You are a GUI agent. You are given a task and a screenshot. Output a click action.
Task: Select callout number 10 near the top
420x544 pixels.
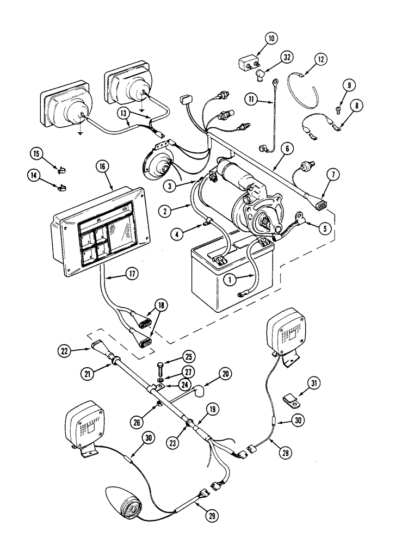coord(271,39)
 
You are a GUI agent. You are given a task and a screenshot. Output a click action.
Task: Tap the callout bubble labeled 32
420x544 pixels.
coord(287,57)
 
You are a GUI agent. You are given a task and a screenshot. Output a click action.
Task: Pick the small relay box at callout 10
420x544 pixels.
coord(249,67)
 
